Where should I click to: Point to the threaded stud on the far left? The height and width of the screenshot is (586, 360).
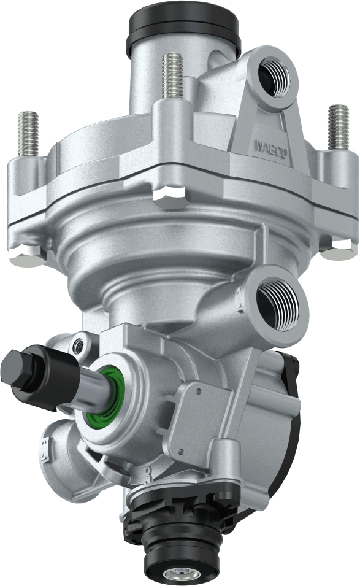pos(28,133)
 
